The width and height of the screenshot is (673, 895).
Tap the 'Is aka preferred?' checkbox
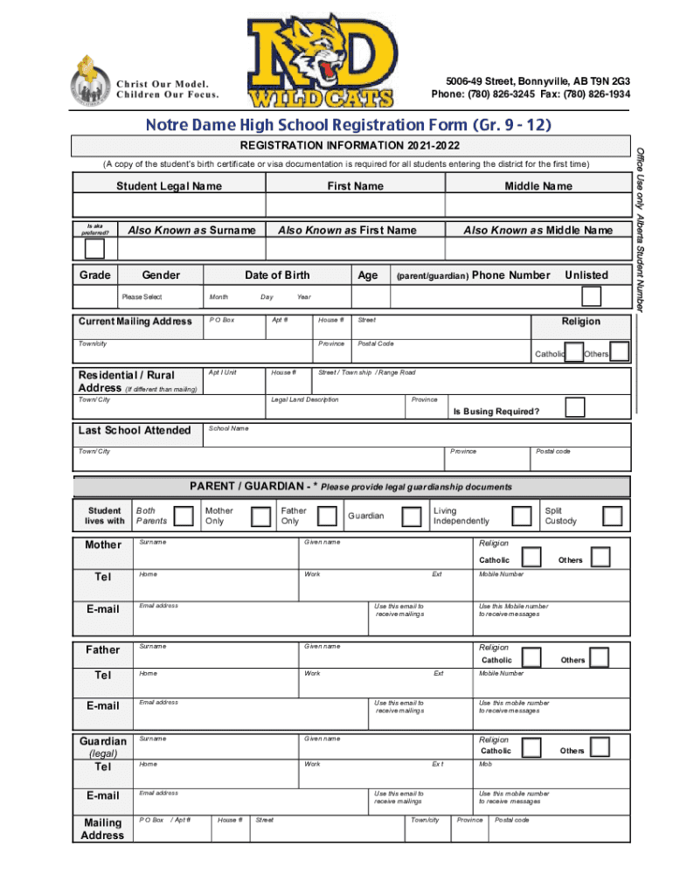[94, 248]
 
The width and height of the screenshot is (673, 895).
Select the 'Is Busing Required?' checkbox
[574, 407]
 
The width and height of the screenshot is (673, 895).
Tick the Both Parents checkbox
[184, 517]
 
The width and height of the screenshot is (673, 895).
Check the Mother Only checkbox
[260, 517]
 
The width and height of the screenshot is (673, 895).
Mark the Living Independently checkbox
[522, 517]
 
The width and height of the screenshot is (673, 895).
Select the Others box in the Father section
[599, 657]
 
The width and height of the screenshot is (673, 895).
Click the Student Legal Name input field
[169, 205]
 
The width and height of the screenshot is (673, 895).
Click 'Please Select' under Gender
[142, 297]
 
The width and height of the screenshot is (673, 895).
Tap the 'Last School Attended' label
[135, 430]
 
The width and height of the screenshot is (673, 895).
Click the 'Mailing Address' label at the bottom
[102, 829]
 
